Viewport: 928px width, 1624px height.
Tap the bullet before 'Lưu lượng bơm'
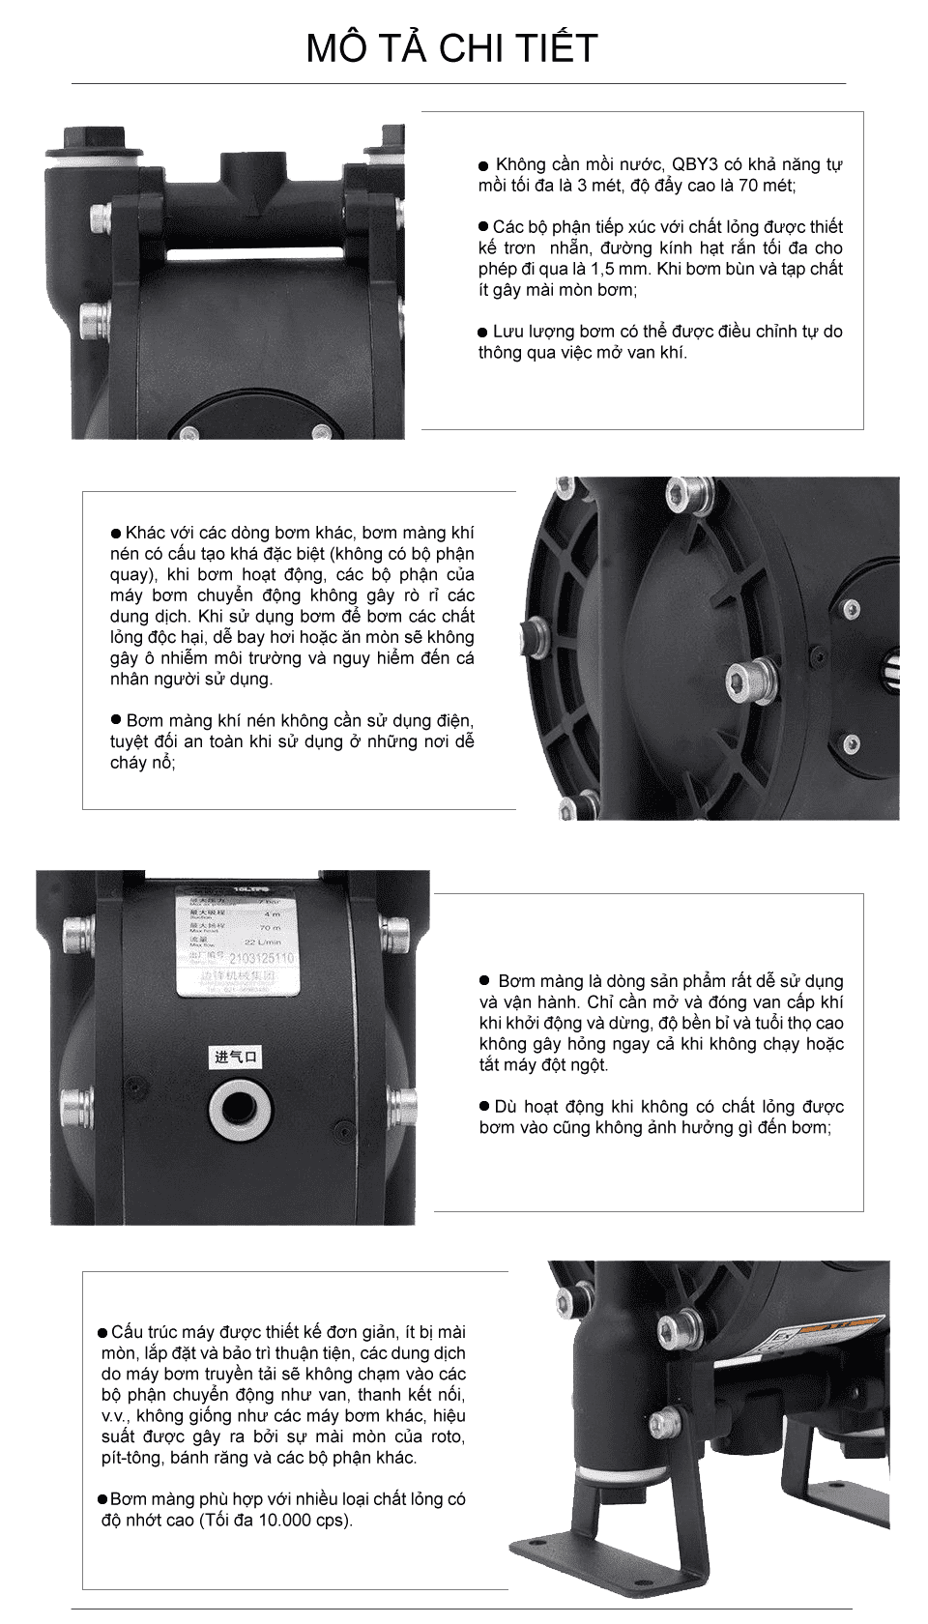tap(483, 333)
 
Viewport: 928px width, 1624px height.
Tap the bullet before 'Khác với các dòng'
tap(116, 534)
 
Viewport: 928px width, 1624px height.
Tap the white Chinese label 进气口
tap(236, 1057)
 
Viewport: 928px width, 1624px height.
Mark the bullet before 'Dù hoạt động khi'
tap(485, 1106)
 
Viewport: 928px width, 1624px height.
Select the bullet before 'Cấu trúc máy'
tap(103, 1334)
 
